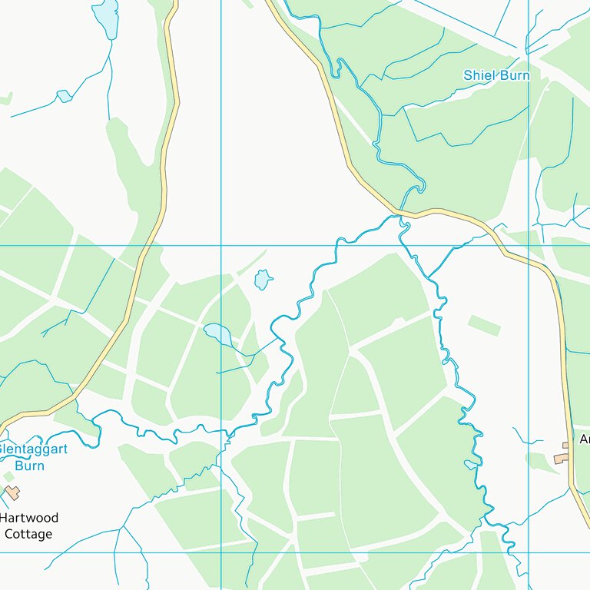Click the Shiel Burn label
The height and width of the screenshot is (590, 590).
pyautogui.click(x=496, y=75)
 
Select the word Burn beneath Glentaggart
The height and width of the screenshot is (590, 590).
pyautogui.click(x=29, y=466)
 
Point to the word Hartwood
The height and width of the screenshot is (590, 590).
pyautogui.click(x=29, y=519)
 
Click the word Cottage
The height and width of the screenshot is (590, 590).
pyautogui.click(x=28, y=534)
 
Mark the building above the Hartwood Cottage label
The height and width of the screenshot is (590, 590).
pyautogui.click(x=12, y=492)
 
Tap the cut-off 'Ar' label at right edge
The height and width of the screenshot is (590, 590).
pyautogui.click(x=584, y=439)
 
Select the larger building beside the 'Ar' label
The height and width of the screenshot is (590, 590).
pyautogui.click(x=562, y=458)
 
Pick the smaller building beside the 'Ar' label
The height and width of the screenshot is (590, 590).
pyautogui.click(x=565, y=445)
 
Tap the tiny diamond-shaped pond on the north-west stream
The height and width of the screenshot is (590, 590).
pyautogui.click(x=64, y=96)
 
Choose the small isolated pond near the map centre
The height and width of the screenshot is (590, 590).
pyautogui.click(x=263, y=280)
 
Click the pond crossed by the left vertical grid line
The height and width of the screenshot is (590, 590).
pyautogui.click(x=217, y=333)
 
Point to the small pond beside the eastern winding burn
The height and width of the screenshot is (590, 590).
pyautogui.click(x=471, y=464)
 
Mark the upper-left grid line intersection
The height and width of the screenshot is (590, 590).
pyautogui.click(x=221, y=246)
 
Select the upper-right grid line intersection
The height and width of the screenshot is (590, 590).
pyautogui.click(x=529, y=246)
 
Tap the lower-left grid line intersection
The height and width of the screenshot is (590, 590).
pyautogui.click(x=221, y=552)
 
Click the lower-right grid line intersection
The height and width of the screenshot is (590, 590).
pyautogui.click(x=529, y=552)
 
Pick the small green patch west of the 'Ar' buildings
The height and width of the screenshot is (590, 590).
pyautogui.click(x=484, y=325)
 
